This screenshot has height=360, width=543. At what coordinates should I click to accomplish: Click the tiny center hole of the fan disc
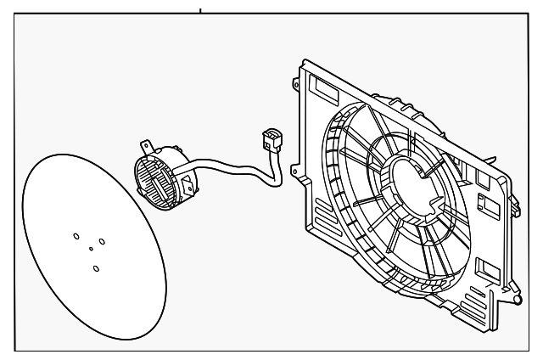(91, 249)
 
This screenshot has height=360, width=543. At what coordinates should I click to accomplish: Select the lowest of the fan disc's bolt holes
(96, 268)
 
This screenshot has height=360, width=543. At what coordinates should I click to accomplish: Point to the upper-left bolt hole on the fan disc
(76, 236)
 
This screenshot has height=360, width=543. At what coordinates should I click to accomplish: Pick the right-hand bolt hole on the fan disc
(102, 242)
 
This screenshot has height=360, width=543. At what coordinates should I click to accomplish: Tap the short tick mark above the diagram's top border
(201, 11)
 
